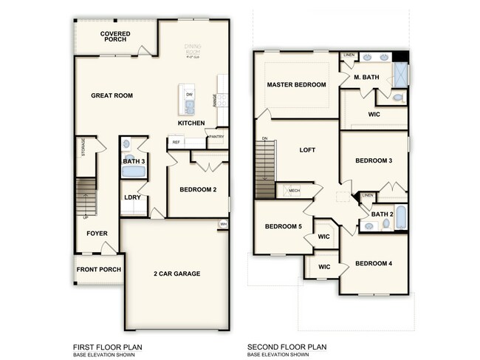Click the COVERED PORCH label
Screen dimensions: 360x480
(115, 36)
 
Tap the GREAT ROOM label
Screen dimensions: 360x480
(112, 95)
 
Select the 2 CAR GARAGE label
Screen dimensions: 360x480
(177, 274)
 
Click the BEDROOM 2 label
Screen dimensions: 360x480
(198, 189)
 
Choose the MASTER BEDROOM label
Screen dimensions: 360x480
(296, 85)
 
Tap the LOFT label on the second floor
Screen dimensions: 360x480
(307, 150)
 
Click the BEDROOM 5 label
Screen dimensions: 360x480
(284, 226)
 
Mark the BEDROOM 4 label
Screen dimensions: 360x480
(373, 263)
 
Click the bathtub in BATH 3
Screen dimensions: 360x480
(133, 172)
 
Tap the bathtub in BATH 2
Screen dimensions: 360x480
(400, 218)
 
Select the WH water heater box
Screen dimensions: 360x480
(223, 223)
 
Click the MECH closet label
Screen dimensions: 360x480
(293, 191)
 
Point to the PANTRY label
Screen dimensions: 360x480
(216, 137)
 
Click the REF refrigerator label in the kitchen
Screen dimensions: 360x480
(176, 142)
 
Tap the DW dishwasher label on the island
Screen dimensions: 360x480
(189, 95)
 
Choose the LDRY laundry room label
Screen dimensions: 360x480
(133, 197)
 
